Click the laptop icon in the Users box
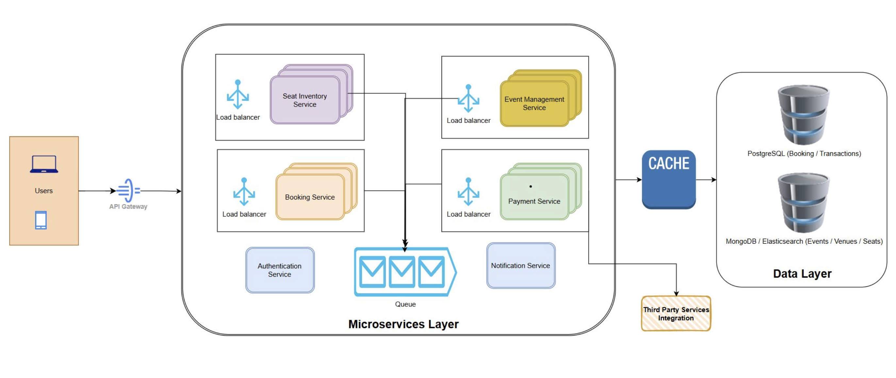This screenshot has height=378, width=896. (x=44, y=164)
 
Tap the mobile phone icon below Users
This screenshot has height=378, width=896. (x=41, y=220)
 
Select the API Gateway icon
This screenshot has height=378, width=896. (x=128, y=190)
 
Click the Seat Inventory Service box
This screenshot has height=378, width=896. (x=305, y=100)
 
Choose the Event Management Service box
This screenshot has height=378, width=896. (x=534, y=104)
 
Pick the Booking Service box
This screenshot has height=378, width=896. (x=310, y=197)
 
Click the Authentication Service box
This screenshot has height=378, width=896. (x=280, y=270)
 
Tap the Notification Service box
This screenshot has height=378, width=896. (x=521, y=266)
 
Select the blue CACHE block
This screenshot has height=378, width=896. (x=669, y=179)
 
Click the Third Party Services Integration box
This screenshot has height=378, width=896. (x=676, y=314)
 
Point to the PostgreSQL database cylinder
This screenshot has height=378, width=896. (x=804, y=115)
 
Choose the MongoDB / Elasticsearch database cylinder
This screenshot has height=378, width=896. (x=804, y=203)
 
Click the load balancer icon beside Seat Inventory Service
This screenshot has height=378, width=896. (x=238, y=95)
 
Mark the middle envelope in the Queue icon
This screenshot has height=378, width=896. (x=402, y=272)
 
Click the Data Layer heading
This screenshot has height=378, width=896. (x=802, y=274)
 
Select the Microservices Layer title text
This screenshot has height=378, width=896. (x=404, y=324)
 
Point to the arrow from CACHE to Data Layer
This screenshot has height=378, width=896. (x=706, y=180)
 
